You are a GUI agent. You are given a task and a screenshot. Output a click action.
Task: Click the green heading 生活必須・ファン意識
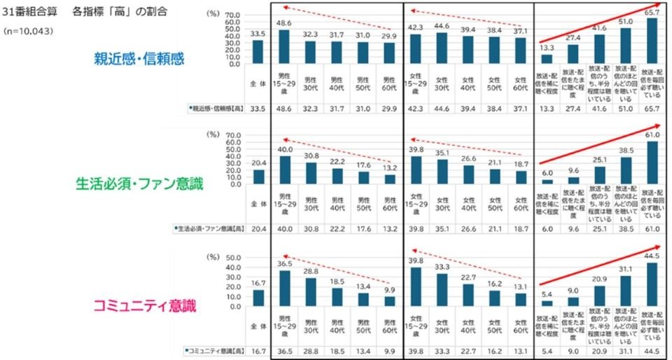coord(139,184)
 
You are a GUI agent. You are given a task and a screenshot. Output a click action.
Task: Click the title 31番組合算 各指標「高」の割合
coord(87,13)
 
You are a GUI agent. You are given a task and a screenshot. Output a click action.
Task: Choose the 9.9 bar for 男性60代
coord(390,302)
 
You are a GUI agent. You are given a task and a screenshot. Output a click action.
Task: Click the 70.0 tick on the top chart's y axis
coord(232,15)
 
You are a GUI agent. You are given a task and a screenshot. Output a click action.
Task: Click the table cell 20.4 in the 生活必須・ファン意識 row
coord(258,228)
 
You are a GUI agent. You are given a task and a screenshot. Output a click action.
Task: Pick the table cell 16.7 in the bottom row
coord(258,349)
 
